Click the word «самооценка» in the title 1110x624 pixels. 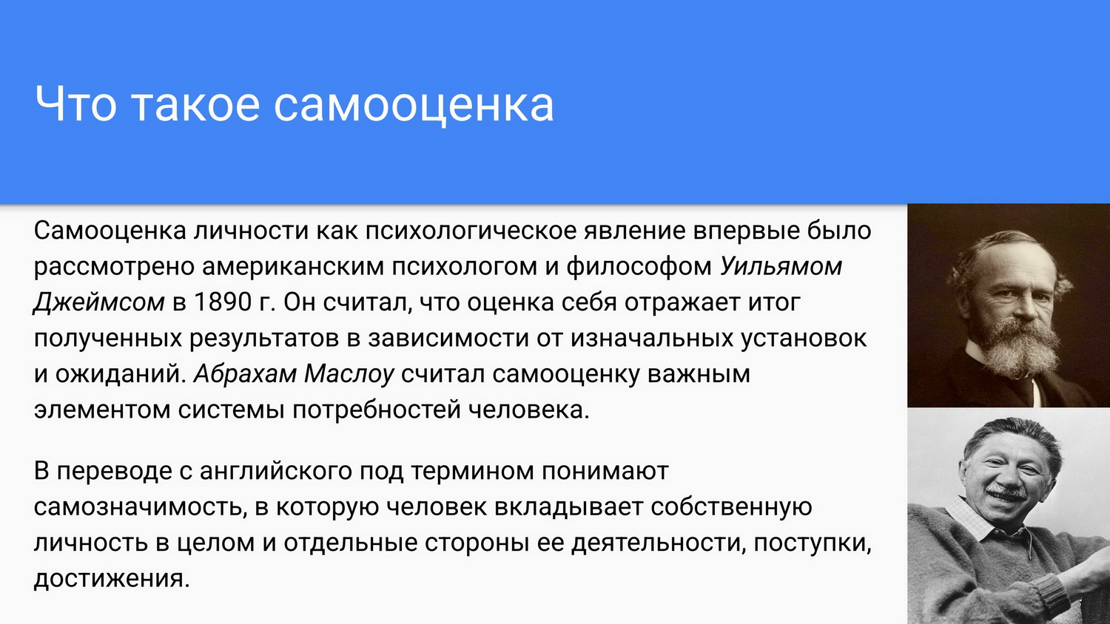pos(413,104)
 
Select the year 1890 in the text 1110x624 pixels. pos(223,302)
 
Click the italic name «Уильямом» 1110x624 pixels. pos(781,267)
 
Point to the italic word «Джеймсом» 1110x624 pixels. pos(99,302)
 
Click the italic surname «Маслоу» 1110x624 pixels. pos(349,374)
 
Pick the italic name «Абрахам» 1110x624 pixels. pos(245,374)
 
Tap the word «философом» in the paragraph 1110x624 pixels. pos(640,267)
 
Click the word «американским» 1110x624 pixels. pos(293,267)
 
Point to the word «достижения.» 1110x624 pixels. pos(112,578)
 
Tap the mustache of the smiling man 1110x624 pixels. pos(1006,492)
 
